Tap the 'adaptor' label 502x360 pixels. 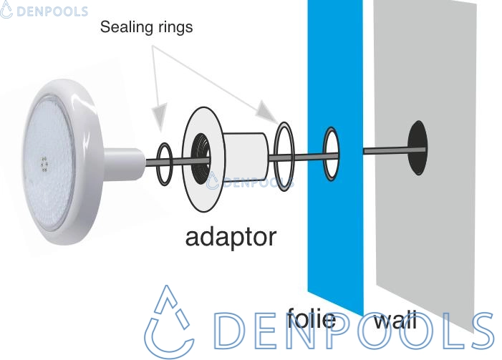click(230, 235)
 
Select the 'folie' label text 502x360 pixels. click(311, 316)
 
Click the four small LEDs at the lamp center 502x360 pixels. click(44, 164)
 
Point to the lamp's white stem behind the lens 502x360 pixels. click(122, 161)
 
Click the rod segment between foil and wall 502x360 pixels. click(387, 150)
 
